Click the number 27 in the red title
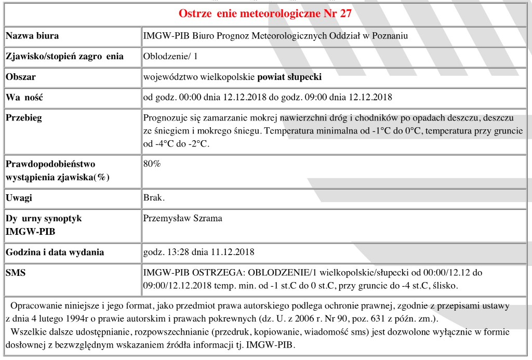(345, 14)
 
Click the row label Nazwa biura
(32, 36)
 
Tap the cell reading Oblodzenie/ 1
(170, 56)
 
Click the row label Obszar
(21, 77)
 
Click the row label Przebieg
(24, 117)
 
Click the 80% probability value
(152, 164)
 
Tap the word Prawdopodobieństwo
(50, 164)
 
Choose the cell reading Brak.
(154, 198)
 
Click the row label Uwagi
(19, 198)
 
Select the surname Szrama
(208, 218)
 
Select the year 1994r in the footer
(81, 319)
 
